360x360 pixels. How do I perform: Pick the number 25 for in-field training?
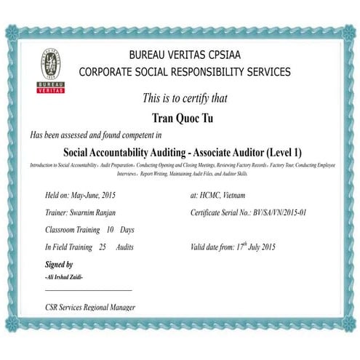point(103,247)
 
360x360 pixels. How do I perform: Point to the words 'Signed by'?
point(59,264)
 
